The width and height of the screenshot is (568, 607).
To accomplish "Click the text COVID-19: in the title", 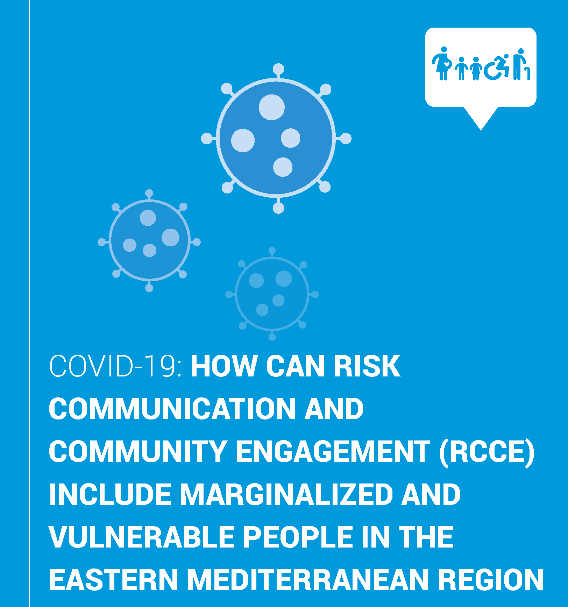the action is pos(116,366).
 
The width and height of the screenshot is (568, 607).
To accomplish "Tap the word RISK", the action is pos(367,366).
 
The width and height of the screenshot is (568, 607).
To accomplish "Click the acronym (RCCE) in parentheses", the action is pos(487,452).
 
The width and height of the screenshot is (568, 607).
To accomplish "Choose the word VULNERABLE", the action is pos(142,537).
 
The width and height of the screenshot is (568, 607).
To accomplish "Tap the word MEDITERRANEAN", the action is pos(308,580).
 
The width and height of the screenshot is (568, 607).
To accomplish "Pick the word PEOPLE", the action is pos(298,537).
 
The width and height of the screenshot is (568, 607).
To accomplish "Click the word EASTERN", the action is pos(114,580).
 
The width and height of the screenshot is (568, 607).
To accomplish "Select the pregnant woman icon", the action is pos(442,63).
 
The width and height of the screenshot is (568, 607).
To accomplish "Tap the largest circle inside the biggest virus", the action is pos(272,107).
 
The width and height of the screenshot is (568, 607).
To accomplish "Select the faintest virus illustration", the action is pos(272,294).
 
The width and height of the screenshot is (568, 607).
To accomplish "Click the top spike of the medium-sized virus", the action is pos(149,195).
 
